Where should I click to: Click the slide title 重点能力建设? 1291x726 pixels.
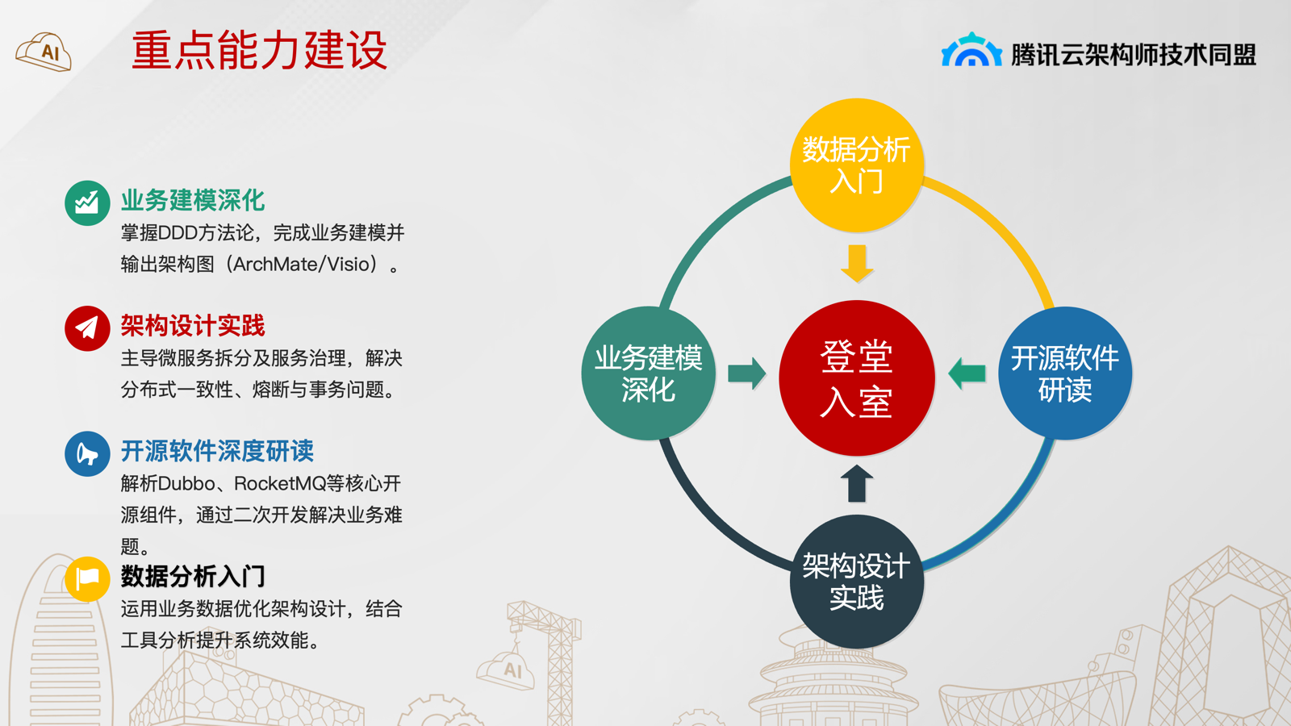pyautogui.click(x=259, y=51)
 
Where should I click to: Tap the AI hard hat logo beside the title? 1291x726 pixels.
pyautogui.click(x=44, y=52)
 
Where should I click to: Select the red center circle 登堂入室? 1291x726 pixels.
pyautogui.click(x=857, y=378)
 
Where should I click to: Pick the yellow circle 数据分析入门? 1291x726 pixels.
pyautogui.click(x=857, y=165)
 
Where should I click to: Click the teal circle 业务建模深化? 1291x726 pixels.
pyautogui.click(x=649, y=373)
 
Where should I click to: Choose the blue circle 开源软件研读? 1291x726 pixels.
pyautogui.click(x=1065, y=373)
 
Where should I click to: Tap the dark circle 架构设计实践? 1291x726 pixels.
pyautogui.click(x=857, y=582)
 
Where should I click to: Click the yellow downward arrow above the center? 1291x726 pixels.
pyautogui.click(x=857, y=263)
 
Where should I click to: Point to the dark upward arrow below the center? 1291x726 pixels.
pyautogui.click(x=857, y=483)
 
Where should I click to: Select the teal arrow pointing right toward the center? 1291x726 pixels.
pyautogui.click(x=747, y=373)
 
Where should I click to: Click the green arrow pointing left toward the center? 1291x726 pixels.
pyautogui.click(x=967, y=373)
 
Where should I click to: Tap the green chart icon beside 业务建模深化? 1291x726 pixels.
pyautogui.click(x=87, y=202)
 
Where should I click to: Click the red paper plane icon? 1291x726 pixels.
pyautogui.click(x=87, y=328)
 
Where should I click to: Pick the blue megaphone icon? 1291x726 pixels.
pyautogui.click(x=87, y=453)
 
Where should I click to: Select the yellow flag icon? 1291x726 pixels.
pyautogui.click(x=87, y=578)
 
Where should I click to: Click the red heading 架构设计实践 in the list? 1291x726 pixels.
pyautogui.click(x=193, y=326)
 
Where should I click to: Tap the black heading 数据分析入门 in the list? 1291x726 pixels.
pyautogui.click(x=193, y=576)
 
